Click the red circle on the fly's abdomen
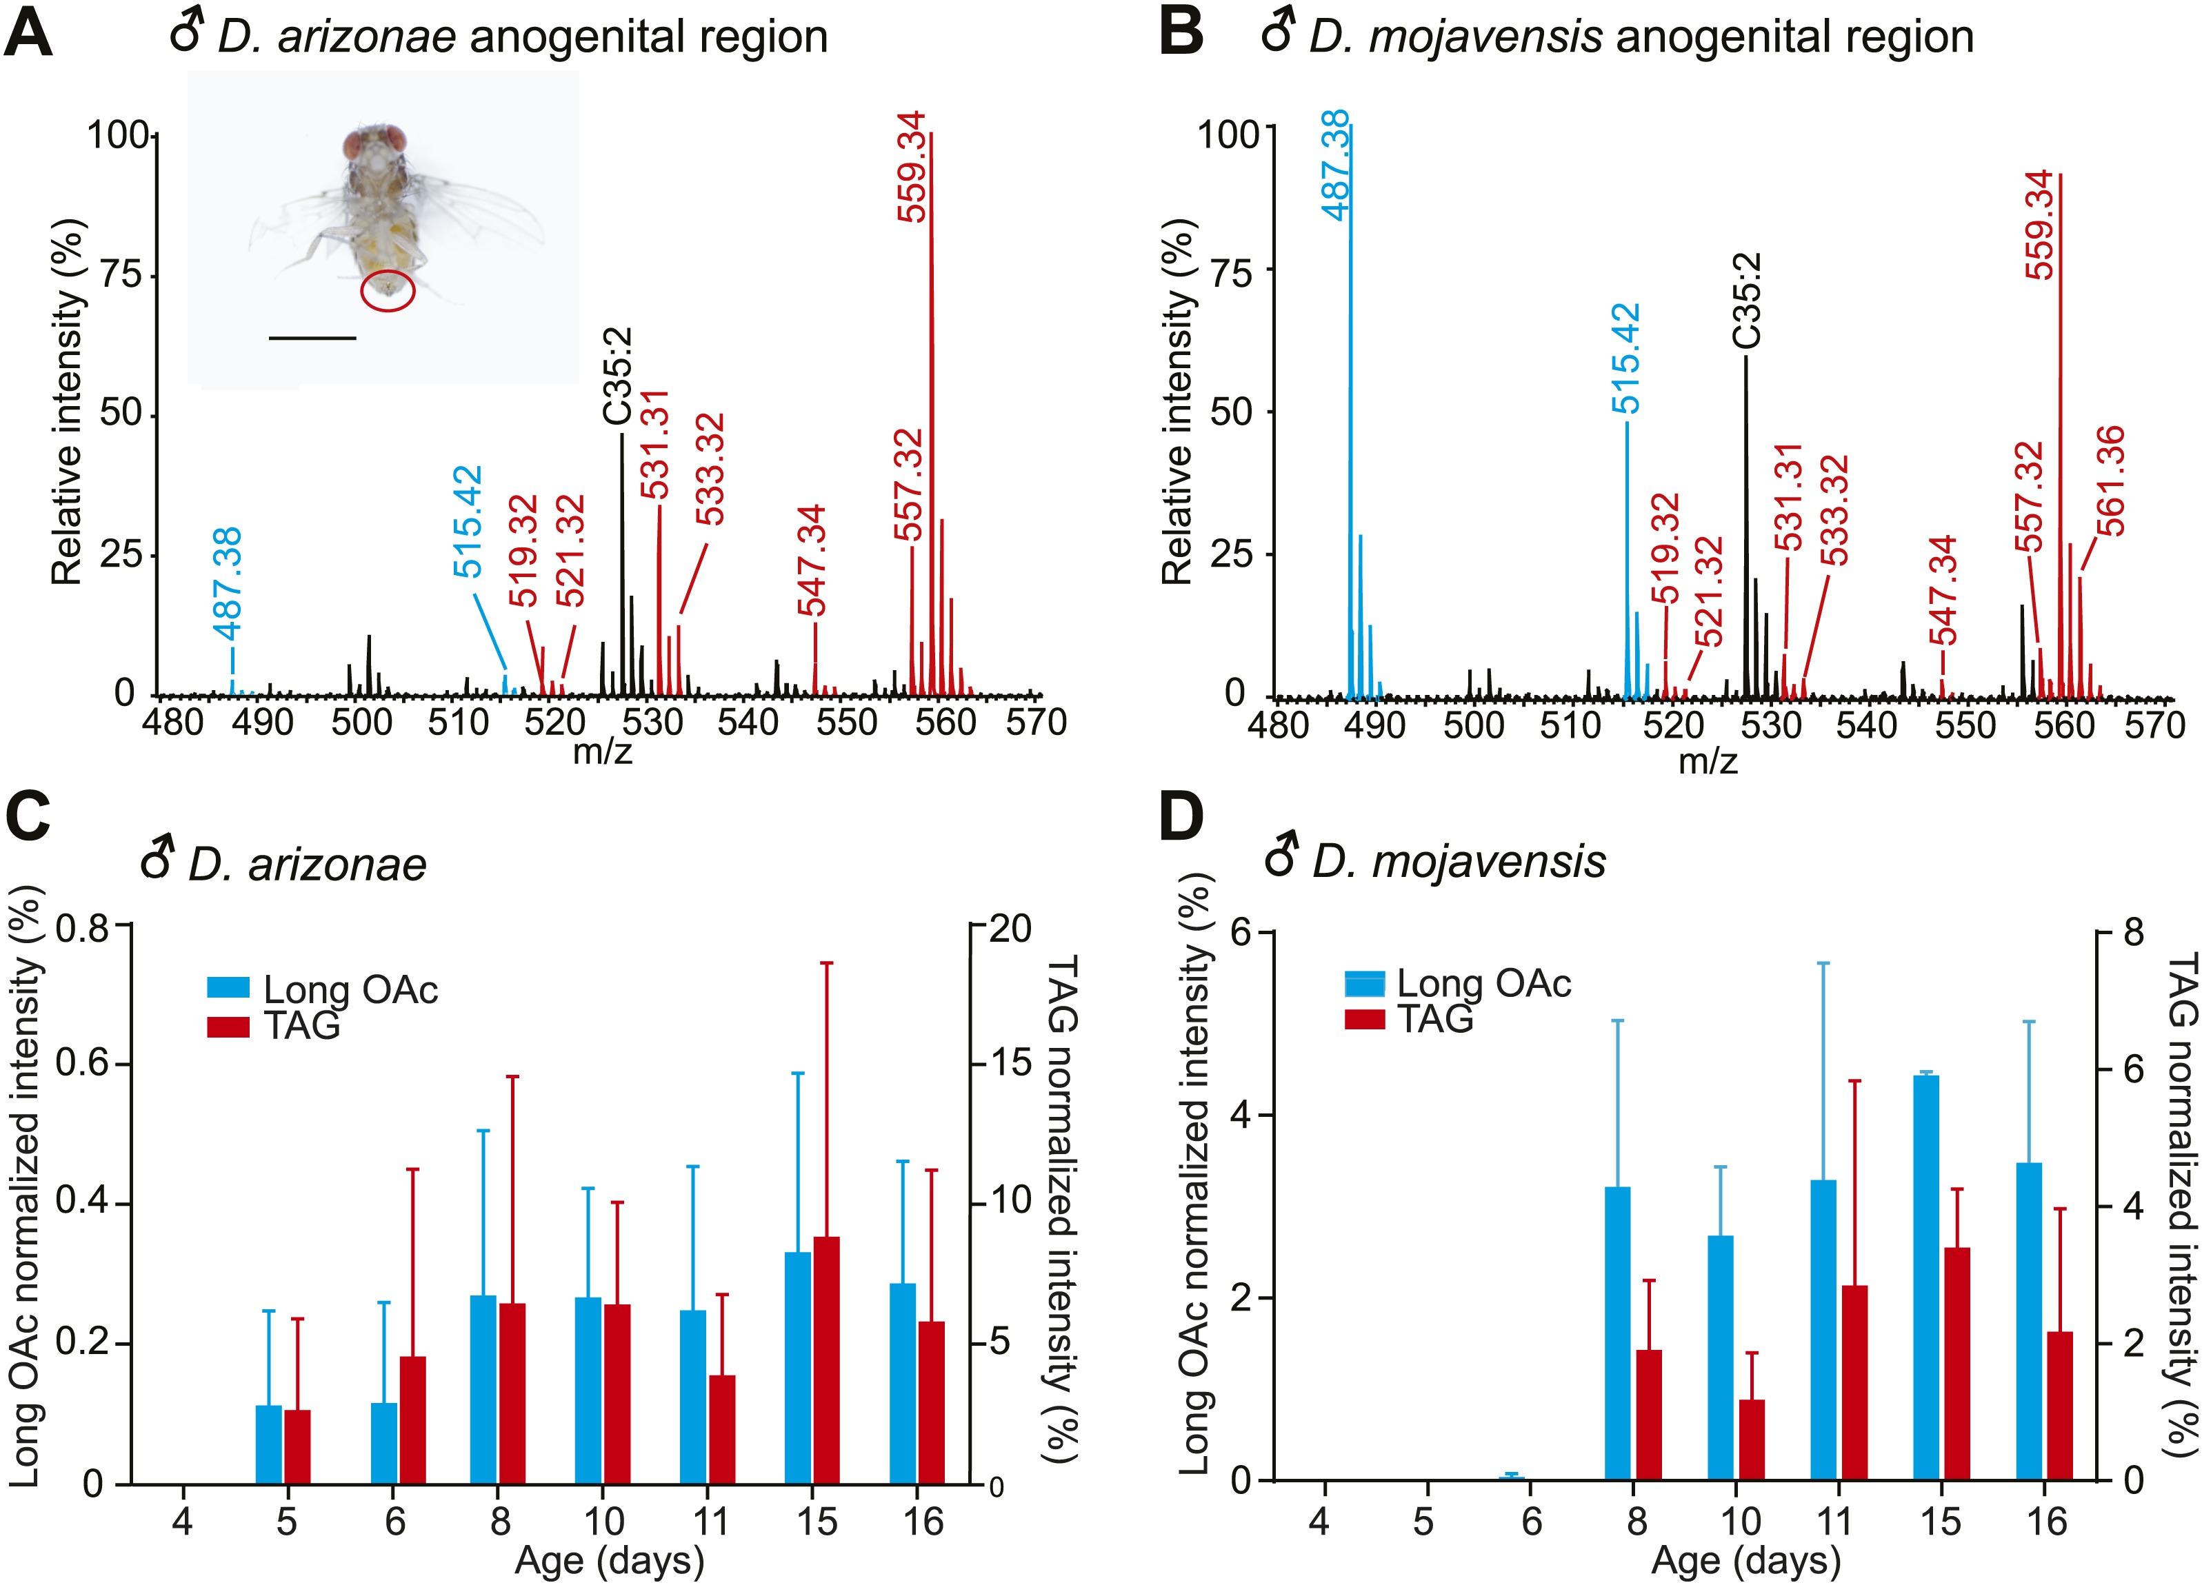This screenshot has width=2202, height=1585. click(x=388, y=290)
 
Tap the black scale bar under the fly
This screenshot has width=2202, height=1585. click(x=312, y=338)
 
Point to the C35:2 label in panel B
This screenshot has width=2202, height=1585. click(x=1745, y=301)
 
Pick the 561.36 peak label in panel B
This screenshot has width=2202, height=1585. click(x=2109, y=481)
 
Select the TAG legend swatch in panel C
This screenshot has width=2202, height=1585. click(x=228, y=1026)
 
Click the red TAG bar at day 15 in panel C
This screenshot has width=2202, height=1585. click(x=827, y=1373)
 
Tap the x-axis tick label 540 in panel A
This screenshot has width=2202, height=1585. click(x=748, y=722)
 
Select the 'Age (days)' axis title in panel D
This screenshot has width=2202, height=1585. click(x=1745, y=1561)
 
